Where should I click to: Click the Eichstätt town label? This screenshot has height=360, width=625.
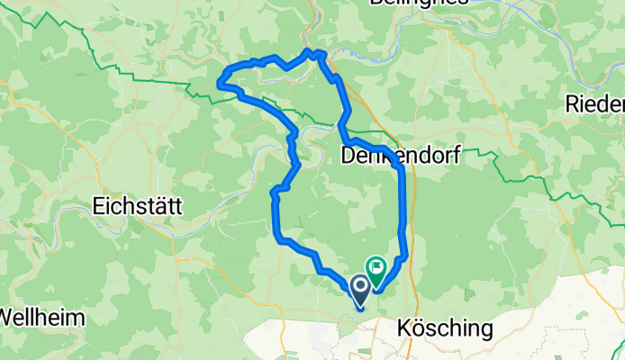tap(137, 205)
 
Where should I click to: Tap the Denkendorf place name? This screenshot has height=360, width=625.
tap(402, 157)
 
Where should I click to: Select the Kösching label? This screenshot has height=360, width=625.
tap(445, 328)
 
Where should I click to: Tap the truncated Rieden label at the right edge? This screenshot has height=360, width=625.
tap(594, 104)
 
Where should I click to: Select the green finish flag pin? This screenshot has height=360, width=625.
tap(376, 267)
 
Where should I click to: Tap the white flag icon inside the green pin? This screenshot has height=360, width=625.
tap(376, 265)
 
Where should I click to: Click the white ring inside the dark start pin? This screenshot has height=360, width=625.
tap(360, 287)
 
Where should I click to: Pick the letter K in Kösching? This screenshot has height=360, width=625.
tap(404, 328)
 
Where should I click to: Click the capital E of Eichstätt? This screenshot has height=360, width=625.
tap(98, 205)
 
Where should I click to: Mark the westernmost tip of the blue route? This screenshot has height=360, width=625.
tap(219, 84)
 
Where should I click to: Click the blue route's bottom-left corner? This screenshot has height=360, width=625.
tap(276, 236)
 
